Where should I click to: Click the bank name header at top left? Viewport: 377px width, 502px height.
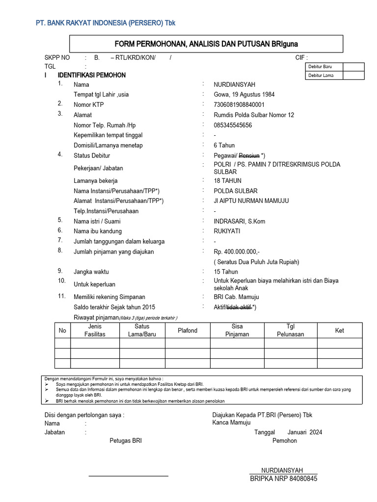click(106, 23)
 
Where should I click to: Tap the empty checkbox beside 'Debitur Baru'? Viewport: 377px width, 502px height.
click(353, 67)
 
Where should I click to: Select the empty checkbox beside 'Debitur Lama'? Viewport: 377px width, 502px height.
click(353, 75)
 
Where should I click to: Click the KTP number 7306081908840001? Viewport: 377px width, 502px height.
click(239, 104)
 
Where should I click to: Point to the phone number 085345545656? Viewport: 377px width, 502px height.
click(233, 125)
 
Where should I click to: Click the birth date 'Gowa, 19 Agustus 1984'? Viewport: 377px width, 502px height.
click(244, 95)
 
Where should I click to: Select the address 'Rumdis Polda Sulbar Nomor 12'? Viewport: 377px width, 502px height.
click(254, 115)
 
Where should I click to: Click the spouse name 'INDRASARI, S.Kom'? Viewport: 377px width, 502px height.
click(239, 221)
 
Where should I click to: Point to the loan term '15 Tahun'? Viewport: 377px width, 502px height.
click(226, 272)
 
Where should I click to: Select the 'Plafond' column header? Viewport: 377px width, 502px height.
click(188, 330)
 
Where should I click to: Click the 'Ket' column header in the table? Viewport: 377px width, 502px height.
click(340, 330)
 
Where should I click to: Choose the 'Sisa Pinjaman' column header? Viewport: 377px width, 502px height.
click(237, 330)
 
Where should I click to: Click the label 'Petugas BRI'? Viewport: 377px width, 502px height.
click(126, 441)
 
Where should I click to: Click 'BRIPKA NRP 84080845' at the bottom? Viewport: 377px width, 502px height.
click(284, 478)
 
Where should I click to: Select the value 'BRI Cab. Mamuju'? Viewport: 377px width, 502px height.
click(236, 297)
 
